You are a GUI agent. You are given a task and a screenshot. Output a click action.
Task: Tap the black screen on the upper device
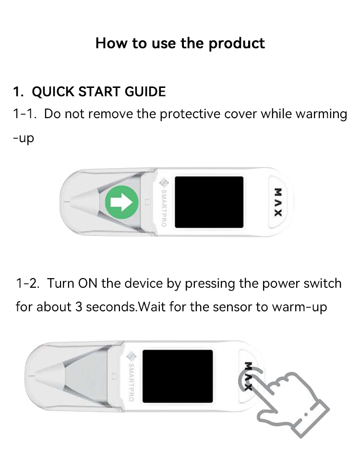[x=209, y=202]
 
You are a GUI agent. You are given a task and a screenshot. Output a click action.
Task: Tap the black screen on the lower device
[x=178, y=376]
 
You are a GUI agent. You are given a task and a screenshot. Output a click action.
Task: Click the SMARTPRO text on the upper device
[x=164, y=208]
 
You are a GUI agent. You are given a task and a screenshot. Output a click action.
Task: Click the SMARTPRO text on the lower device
[x=131, y=380]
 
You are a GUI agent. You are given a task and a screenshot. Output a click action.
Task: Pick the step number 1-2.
[x=27, y=283]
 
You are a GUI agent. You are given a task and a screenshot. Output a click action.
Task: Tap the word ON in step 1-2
[x=88, y=283]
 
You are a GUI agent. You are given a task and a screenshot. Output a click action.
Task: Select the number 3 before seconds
[x=80, y=306]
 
